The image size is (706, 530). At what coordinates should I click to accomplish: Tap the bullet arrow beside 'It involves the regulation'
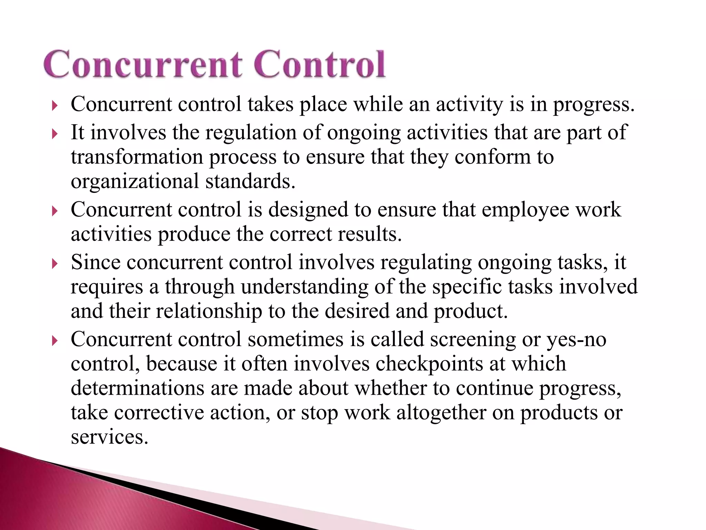[x=54, y=134]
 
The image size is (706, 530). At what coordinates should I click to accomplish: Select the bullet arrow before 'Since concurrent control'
[x=54, y=264]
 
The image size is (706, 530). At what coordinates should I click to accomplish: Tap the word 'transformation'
[x=137, y=157]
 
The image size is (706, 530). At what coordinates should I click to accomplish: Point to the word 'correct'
[x=300, y=235]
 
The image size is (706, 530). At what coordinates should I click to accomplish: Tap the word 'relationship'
[x=209, y=312]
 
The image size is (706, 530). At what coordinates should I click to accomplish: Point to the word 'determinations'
[x=138, y=388]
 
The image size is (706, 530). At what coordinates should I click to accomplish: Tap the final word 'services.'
[x=110, y=438]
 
